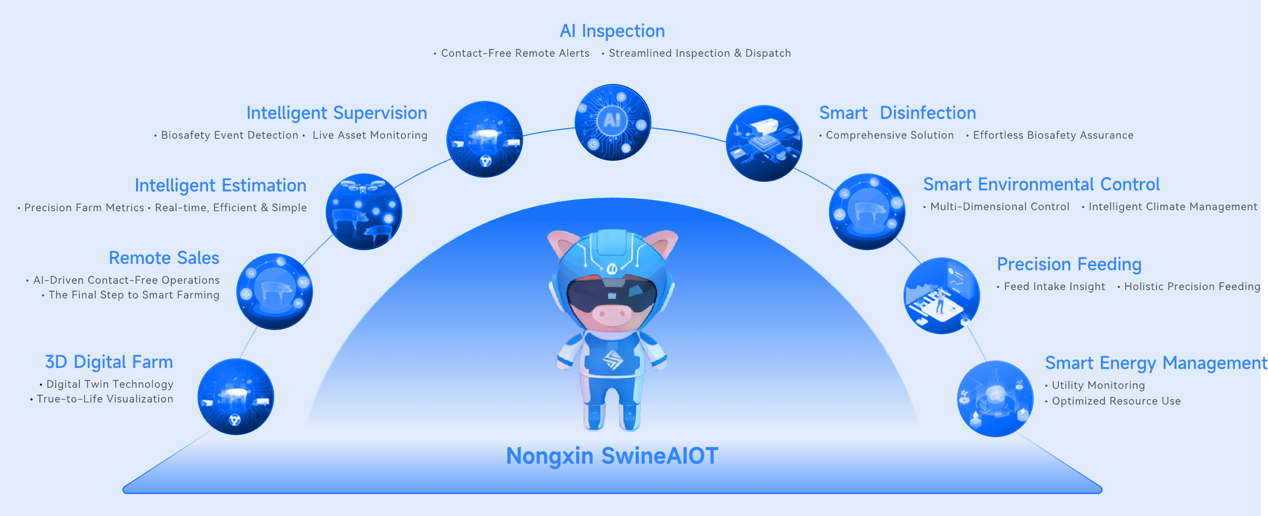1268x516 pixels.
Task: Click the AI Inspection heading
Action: click(612, 31)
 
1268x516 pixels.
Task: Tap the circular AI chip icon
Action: click(613, 122)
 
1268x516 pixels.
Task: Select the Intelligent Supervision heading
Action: click(337, 113)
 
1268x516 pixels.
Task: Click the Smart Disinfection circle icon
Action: click(764, 143)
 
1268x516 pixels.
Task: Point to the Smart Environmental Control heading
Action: click(1042, 184)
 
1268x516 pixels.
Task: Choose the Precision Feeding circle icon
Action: click(942, 296)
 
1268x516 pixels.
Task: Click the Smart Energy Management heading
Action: click(1156, 364)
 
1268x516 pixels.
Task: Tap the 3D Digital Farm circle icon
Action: click(236, 397)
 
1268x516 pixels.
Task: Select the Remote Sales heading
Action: click(164, 258)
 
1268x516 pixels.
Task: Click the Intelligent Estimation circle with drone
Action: click(364, 212)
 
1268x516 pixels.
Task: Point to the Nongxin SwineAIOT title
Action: click(612, 456)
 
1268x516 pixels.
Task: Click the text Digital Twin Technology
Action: click(110, 385)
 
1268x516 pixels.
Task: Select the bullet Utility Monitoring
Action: click(1098, 385)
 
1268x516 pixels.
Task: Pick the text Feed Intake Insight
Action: click(1055, 287)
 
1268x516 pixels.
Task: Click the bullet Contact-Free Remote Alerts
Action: click(515, 53)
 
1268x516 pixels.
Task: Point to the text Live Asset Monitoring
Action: click(370, 135)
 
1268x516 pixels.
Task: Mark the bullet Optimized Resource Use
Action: click(1116, 401)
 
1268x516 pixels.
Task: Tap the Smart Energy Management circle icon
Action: click(995, 399)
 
